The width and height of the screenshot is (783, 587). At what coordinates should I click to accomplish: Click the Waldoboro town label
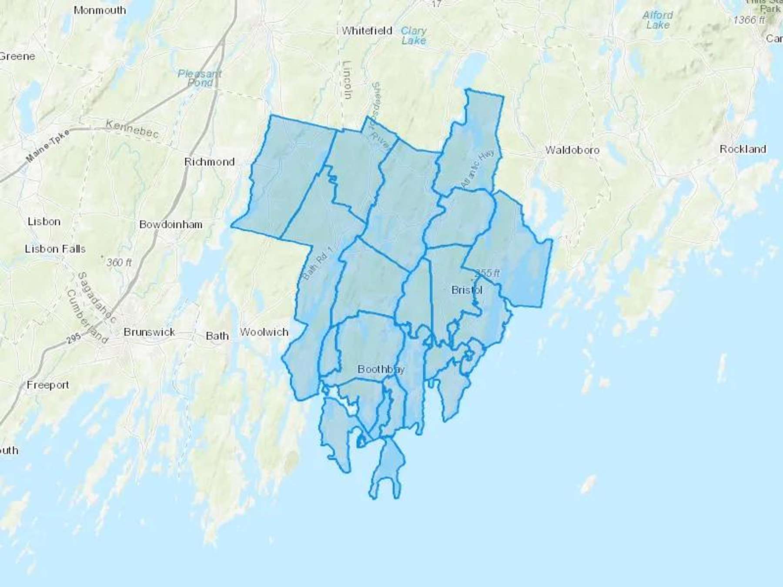tap(572, 150)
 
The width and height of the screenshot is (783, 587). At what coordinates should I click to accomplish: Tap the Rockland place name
tap(743, 149)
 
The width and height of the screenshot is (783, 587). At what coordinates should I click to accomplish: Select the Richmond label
tap(209, 162)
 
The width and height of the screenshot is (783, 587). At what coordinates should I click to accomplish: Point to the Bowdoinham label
tap(171, 224)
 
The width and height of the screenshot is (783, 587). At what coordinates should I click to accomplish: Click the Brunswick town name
tap(149, 332)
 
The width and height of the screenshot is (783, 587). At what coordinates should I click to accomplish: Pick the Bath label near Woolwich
tap(217, 336)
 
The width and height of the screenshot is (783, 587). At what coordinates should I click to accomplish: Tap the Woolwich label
tap(264, 332)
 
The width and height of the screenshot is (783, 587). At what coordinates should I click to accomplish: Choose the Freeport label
tap(48, 385)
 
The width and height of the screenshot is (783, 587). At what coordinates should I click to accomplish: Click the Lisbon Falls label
tap(55, 249)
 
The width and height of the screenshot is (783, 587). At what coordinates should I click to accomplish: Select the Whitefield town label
tap(367, 31)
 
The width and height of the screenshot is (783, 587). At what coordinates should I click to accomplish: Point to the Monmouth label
tap(100, 10)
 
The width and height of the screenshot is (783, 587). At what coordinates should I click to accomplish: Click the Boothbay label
tap(381, 369)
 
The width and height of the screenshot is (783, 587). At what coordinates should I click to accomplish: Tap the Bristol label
tap(467, 290)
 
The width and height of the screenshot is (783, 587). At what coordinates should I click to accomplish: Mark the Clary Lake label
tap(413, 36)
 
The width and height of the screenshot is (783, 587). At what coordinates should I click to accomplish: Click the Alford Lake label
tap(658, 20)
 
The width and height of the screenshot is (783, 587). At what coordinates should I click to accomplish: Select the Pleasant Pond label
tap(200, 78)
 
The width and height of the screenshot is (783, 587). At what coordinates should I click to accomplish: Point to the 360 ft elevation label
tap(119, 262)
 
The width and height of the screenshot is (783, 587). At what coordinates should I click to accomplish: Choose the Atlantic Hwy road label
tap(478, 169)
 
